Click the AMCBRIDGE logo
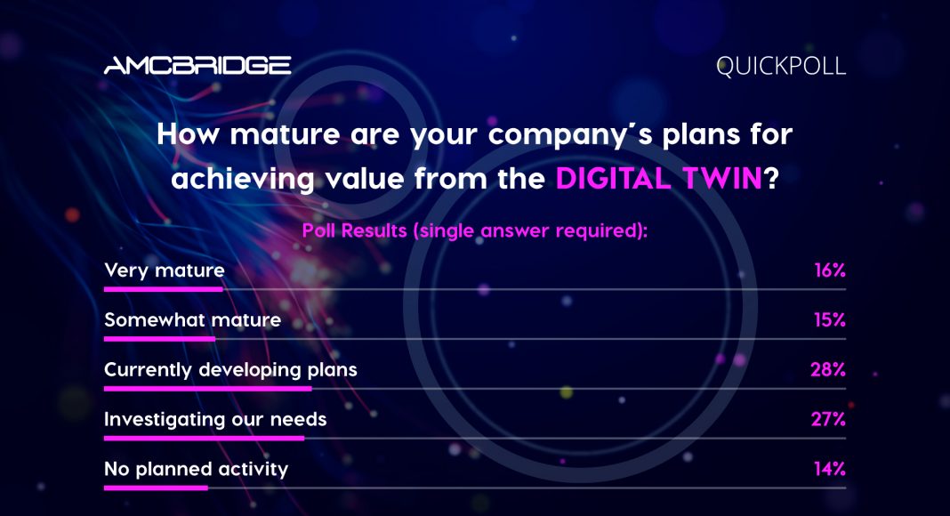pos(197,66)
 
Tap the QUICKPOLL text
pos(780,66)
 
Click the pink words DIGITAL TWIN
pos(658,179)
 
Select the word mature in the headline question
pos(285,133)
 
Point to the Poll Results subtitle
pos(474,230)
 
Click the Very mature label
pos(165,270)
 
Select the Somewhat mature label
pos(193,319)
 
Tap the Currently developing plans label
pos(231,370)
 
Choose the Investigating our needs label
pos(215,419)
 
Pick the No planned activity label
pos(197,469)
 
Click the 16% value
pos(829,270)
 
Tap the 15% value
pos(829,319)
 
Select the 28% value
pos(828,369)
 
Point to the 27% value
pos(828,419)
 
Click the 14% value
pos(829,469)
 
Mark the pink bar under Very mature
pos(164,289)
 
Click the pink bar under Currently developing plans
pos(208,389)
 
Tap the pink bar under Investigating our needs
pos(205,439)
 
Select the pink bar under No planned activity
pos(156,488)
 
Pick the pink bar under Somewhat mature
pos(159,339)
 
